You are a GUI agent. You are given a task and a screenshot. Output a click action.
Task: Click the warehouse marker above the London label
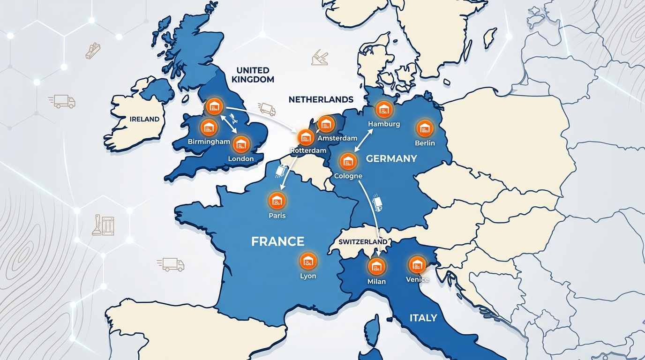241,144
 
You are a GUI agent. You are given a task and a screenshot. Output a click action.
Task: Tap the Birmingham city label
209,142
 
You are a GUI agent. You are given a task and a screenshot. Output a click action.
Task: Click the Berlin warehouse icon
425,128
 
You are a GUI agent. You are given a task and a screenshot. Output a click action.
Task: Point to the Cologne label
348,176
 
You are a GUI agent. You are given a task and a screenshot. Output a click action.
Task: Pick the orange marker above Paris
277,201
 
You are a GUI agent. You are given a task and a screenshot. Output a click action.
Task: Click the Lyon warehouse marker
308,261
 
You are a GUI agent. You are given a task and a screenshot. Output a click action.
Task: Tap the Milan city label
376,281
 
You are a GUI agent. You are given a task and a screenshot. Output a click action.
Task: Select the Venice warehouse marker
417,265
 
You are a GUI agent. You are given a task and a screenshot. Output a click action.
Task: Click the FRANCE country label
277,242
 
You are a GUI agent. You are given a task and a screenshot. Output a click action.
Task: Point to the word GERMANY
391,158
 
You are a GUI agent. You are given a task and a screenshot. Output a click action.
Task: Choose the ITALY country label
423,318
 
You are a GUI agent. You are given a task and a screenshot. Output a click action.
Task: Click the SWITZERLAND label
363,242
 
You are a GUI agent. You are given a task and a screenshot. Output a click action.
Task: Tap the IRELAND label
144,119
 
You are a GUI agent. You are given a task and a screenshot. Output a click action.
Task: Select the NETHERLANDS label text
321,99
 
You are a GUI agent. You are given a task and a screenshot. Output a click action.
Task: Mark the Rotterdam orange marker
306,137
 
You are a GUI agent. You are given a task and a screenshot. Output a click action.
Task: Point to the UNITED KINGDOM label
252,75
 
